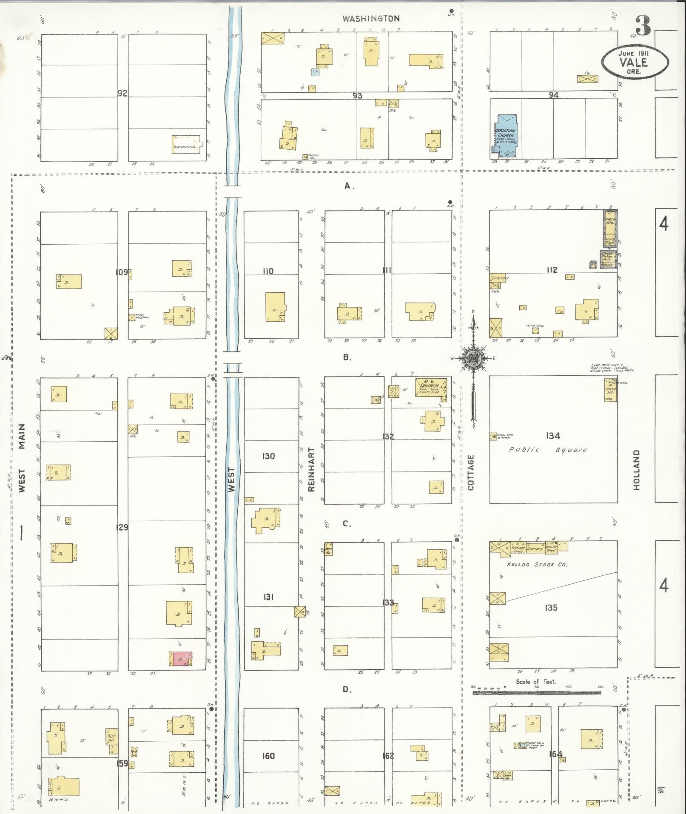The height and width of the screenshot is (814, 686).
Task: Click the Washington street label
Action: (371, 18)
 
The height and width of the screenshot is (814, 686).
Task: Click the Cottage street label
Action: (471, 472)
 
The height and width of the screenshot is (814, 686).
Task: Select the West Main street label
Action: (22, 457)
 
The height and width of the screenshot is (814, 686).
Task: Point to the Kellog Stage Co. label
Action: (530, 564)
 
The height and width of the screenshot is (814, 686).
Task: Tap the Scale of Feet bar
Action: (537, 692)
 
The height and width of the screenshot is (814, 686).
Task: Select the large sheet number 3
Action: (643, 26)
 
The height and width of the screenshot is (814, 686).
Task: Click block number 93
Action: (357, 96)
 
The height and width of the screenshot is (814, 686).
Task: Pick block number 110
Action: (268, 271)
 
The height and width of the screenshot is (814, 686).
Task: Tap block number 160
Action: (268, 756)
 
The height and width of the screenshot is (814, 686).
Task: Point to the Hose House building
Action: (611, 390)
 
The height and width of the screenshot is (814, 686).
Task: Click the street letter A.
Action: (349, 186)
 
